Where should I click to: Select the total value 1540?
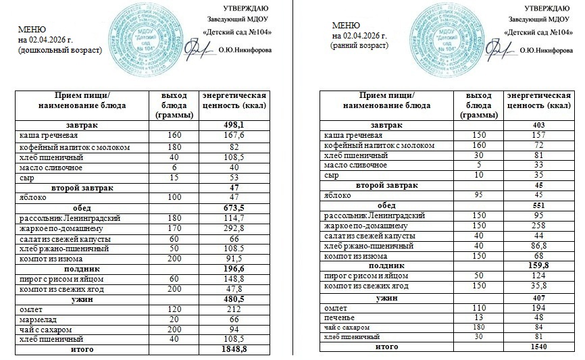[538, 346]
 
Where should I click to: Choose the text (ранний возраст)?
[360, 45]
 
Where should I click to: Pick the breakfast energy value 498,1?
[236, 126]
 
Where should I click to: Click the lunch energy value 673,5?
[236, 208]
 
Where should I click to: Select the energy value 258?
[538, 226]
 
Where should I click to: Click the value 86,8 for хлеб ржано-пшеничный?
[538, 247]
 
